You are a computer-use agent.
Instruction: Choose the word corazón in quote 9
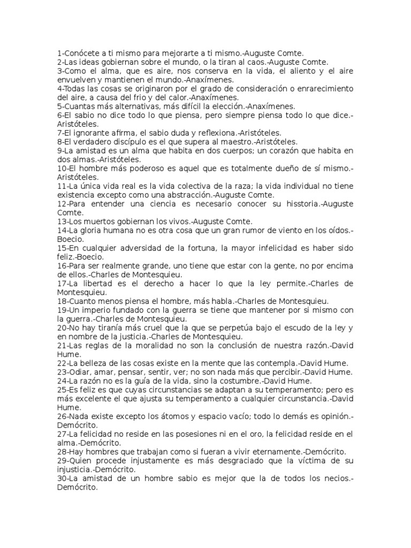[275, 150]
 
